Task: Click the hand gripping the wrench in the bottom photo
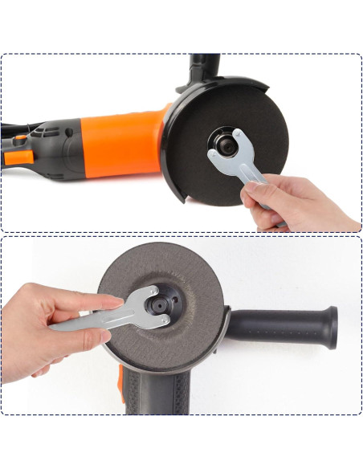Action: (40, 321)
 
